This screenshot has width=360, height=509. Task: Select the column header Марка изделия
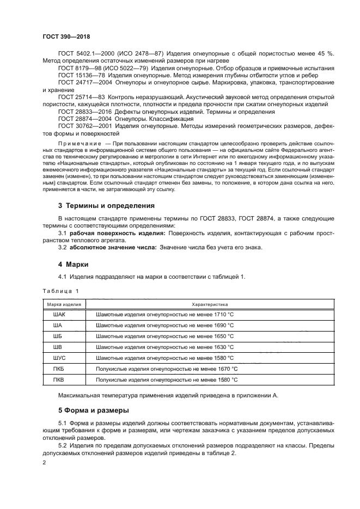[x=64, y=304]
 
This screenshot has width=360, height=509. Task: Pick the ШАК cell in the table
[x=58, y=315]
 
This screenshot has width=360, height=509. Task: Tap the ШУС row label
[x=58, y=358]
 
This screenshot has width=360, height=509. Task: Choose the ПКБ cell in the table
[x=58, y=369]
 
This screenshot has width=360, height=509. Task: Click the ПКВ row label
[x=58, y=379]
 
